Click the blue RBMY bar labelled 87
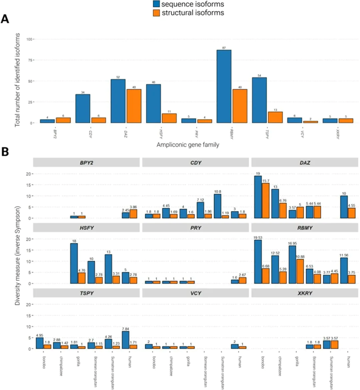(224, 86)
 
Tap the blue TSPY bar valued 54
(260, 100)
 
